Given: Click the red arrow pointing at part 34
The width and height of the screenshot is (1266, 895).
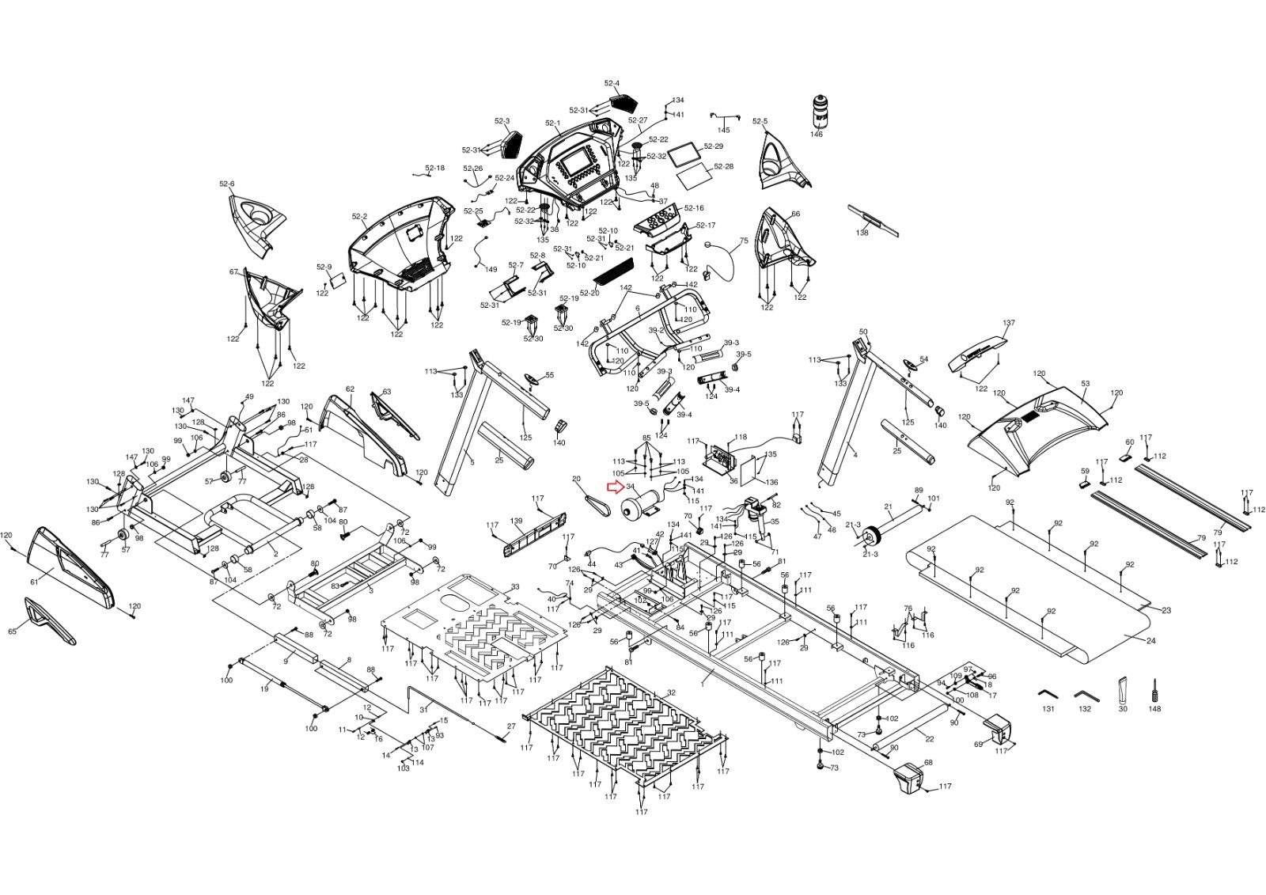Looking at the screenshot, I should tap(614, 487).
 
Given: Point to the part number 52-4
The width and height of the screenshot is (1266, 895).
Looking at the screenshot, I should tap(612, 83).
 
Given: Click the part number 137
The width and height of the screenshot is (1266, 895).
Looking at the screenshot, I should tap(1008, 324).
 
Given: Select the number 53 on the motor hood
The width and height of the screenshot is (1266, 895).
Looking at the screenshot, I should tap(1086, 384).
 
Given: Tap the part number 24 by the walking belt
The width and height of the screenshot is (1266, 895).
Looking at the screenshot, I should tap(1150, 640).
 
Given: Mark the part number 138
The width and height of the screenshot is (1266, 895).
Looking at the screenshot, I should tap(862, 233).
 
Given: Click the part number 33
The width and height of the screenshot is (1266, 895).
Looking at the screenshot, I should tap(515, 586).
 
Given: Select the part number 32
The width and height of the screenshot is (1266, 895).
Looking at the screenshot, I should tap(671, 692).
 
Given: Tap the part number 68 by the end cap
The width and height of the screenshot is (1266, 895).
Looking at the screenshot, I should tap(928, 763).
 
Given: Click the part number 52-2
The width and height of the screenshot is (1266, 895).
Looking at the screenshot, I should tap(360, 216).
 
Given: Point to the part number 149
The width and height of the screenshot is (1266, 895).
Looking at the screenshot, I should tap(491, 270).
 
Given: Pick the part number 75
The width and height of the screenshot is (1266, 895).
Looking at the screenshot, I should tap(743, 241).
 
